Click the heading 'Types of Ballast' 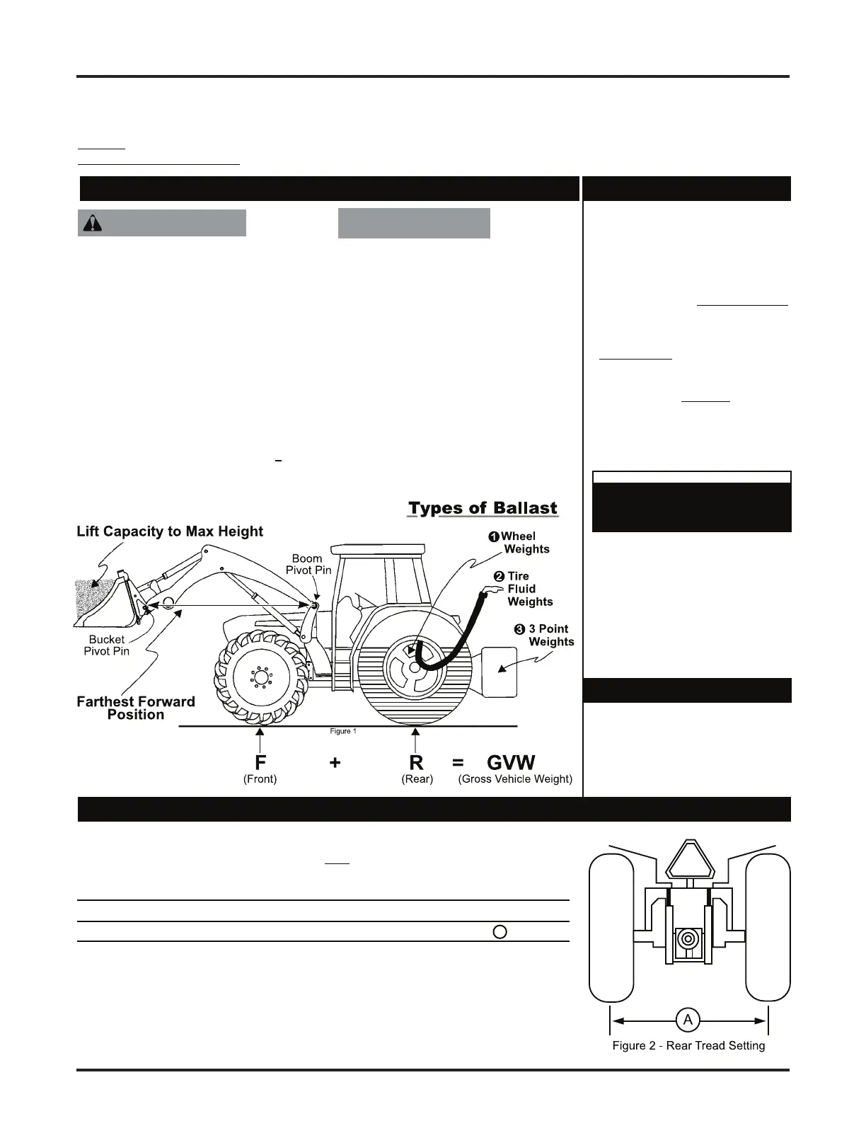click(483, 509)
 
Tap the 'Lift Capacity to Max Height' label click(170, 531)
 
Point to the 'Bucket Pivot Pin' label click(107, 645)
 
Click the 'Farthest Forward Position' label click(136, 708)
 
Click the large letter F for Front click(260, 763)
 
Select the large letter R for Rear click(416, 763)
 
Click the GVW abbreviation click(511, 763)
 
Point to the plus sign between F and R click(335, 763)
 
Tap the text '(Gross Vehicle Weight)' click(515, 779)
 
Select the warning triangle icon click(92, 223)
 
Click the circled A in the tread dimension click(688, 1020)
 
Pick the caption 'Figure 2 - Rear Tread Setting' click(688, 1046)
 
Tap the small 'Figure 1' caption click(343, 731)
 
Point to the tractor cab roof click(379, 548)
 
